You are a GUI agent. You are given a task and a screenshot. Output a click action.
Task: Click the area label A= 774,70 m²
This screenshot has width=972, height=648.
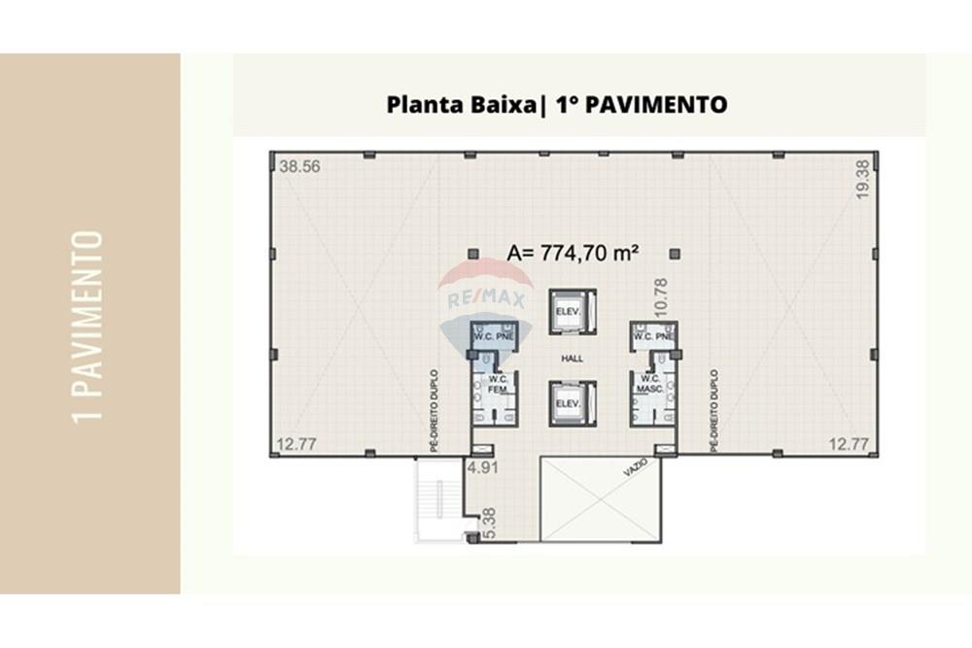point(573,253)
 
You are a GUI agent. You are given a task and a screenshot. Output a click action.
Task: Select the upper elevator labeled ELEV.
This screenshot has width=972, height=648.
point(567,311)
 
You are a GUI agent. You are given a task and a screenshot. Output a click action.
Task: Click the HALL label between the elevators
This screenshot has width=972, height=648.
point(572,358)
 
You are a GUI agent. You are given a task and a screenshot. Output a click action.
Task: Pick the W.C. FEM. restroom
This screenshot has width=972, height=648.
point(496,384)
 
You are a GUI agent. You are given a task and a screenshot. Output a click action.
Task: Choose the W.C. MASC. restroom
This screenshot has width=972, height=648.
point(650,384)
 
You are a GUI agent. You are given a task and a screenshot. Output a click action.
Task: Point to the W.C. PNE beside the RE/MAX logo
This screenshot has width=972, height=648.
point(493,335)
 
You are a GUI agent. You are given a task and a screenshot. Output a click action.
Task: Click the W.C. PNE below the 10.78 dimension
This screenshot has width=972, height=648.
point(652,335)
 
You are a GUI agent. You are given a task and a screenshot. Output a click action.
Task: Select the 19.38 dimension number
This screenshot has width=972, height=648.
point(861,180)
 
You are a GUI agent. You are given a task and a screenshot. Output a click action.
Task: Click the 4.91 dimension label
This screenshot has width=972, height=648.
point(483,467)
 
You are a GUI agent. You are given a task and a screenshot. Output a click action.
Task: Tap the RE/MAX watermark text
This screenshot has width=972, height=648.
point(485,300)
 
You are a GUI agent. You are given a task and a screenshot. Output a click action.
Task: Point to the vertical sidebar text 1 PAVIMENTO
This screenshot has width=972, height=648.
point(89,325)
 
